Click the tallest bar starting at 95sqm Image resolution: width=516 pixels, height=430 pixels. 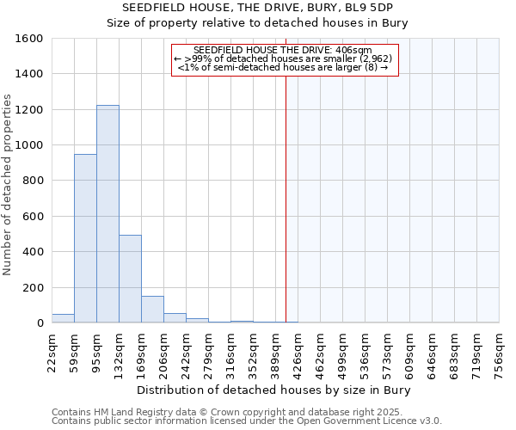107,214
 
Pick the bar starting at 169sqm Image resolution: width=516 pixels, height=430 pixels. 152,310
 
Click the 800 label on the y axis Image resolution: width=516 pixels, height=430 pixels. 33,181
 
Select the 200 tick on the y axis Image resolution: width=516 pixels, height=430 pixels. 33,287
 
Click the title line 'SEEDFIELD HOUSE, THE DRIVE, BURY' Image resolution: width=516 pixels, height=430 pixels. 257,8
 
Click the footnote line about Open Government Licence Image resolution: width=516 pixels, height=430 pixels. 247,421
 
